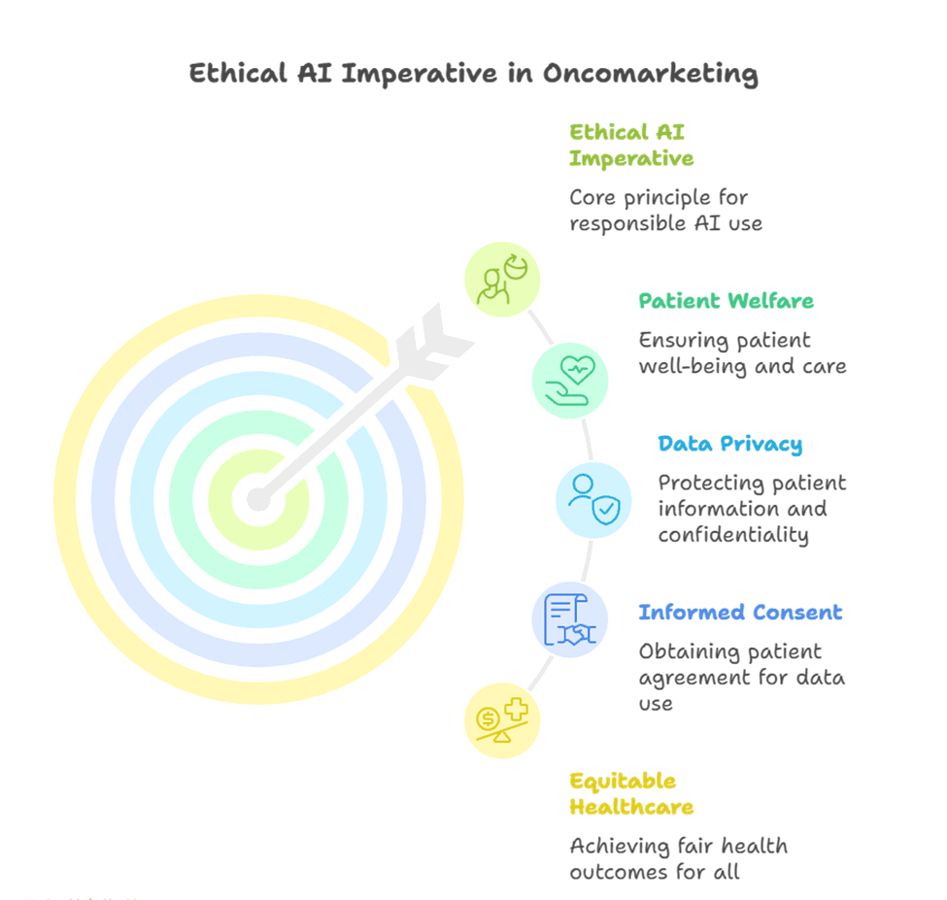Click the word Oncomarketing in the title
[650, 74]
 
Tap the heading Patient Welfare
[726, 301]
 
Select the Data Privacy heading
[730, 445]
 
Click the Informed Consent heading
[740, 612]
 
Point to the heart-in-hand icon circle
[569, 381]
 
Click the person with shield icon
[593, 500]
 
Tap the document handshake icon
[569, 620]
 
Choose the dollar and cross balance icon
[502, 720]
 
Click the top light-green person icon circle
[502, 280]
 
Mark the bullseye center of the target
[258, 500]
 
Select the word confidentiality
[733, 535]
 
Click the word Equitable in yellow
[623, 782]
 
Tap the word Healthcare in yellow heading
[631, 807]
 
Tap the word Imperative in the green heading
[631, 159]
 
